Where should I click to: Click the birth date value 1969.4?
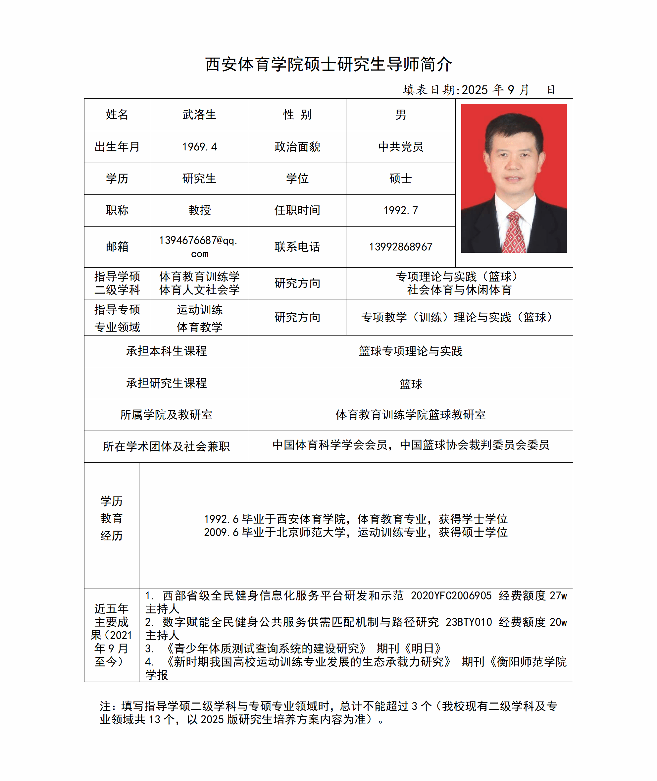(199, 147)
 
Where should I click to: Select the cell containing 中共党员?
(400, 147)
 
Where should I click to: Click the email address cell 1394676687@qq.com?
(199, 246)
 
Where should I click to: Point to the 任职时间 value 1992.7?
(400, 210)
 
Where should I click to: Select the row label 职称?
(117, 210)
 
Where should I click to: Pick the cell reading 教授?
(199, 210)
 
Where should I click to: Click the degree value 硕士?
(400, 179)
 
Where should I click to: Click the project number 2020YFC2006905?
(451, 596)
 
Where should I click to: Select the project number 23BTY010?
(469, 622)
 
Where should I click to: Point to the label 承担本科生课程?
(166, 351)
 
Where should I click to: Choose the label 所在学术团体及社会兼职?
(166, 446)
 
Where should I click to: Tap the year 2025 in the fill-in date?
(475, 90)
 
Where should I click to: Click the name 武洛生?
(199, 115)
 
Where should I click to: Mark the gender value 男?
(400, 115)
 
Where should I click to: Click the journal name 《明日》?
(423, 649)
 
